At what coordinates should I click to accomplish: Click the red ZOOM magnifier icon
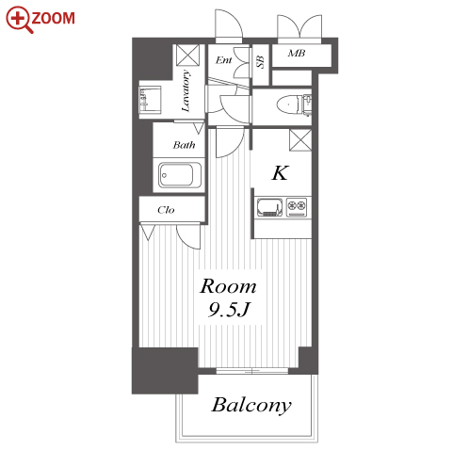click(18, 18)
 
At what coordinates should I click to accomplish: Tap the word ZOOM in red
click(53, 18)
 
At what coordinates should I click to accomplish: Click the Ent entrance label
click(223, 59)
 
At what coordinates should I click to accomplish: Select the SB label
click(260, 62)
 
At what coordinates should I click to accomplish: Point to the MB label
click(297, 54)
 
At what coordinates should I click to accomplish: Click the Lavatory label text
click(186, 91)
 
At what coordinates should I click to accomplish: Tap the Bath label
click(184, 145)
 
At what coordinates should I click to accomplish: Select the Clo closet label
click(166, 210)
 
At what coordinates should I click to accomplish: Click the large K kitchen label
click(280, 172)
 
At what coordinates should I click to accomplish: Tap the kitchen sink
click(269, 207)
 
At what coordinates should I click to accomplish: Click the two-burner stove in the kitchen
click(297, 207)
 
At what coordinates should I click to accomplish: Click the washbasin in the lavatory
click(151, 100)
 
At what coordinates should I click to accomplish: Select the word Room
click(228, 286)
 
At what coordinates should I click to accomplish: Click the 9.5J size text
click(229, 310)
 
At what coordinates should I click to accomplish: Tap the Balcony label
click(251, 406)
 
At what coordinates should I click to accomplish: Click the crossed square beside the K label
click(300, 140)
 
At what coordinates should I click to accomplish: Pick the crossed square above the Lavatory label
click(187, 56)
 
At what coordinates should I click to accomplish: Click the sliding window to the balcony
click(252, 371)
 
